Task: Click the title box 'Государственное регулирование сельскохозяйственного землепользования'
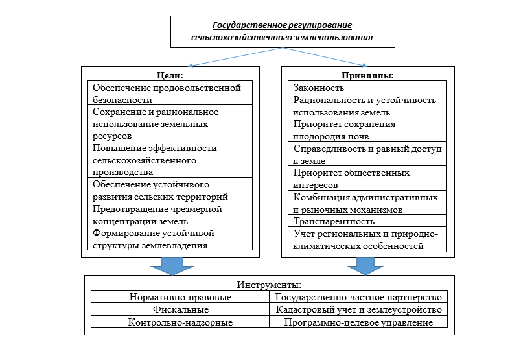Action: click(282, 32)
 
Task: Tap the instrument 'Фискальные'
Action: click(180, 309)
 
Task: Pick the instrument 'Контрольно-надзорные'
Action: click(180, 322)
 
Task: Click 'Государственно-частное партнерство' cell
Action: click(358, 297)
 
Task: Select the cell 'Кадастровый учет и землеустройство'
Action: click(358, 309)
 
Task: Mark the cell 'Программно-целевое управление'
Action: click(358, 322)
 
